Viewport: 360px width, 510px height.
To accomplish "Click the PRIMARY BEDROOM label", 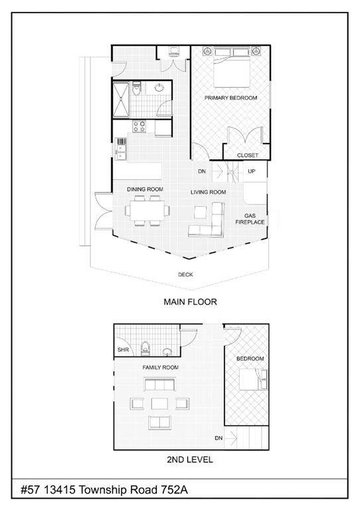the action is point(230,98).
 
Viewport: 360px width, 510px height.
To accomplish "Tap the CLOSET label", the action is point(248,155).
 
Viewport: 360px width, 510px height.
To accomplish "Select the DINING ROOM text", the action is point(145,189).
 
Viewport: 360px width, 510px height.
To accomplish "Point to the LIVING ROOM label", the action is point(208,192).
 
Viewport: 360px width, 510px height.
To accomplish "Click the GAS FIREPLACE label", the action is point(250,219).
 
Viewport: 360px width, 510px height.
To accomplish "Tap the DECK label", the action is point(185,275).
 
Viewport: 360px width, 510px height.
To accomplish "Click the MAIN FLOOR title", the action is point(190,302).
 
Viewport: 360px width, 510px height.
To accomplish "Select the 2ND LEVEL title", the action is point(190,460).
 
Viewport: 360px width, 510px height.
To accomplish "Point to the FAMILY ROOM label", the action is point(160,367).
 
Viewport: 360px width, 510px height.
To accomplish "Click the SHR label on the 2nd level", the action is point(123,350).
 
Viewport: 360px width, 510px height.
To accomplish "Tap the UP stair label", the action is point(252,171).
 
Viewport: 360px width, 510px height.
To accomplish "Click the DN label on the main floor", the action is point(202,171).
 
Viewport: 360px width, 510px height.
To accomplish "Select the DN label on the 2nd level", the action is point(219,438).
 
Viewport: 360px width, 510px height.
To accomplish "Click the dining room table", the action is point(147,211).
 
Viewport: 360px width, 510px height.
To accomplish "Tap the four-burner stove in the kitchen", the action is point(139,126).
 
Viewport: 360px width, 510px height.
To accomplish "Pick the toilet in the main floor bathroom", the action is point(136,88).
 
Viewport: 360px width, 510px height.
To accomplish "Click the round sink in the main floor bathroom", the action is point(159,88).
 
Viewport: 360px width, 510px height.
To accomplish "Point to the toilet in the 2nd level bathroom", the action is point(145,349).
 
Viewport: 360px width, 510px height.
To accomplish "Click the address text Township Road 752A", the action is point(133,489).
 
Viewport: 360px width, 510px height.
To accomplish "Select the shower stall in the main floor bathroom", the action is point(121,100).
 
